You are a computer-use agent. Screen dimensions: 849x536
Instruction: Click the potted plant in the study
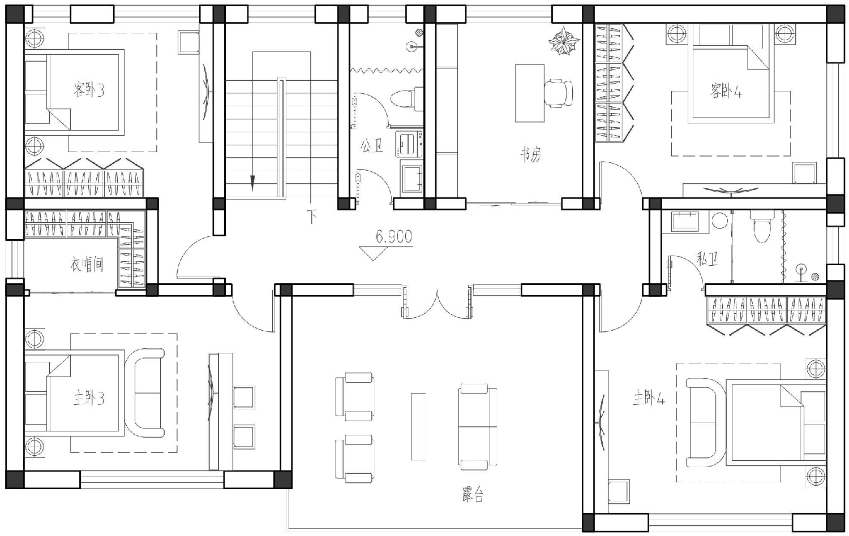pos(564,41)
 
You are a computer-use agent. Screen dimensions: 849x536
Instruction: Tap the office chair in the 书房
pos(559,93)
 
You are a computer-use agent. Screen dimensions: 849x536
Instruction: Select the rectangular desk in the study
pos(529,93)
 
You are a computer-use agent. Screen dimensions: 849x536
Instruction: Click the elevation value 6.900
pos(394,237)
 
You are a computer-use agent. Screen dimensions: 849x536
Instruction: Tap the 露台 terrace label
pos(473,494)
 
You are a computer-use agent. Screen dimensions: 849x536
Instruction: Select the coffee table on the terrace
pos(418,427)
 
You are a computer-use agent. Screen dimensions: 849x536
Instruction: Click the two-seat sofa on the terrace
pos(478,427)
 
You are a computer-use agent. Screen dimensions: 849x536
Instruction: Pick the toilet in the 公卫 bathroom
pos(407,98)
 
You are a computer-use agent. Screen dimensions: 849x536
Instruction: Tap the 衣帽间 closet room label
pos(87,264)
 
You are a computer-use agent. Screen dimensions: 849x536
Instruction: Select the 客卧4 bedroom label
pos(726,91)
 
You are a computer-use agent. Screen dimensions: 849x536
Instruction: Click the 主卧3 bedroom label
pos(89,399)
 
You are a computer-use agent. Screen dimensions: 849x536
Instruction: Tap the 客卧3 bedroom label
pos(89,90)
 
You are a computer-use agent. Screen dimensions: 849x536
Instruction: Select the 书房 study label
pos(531,154)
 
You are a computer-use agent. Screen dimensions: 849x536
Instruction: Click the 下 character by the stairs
pos(312,216)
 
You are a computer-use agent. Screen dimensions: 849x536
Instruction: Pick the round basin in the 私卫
pos(719,221)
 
